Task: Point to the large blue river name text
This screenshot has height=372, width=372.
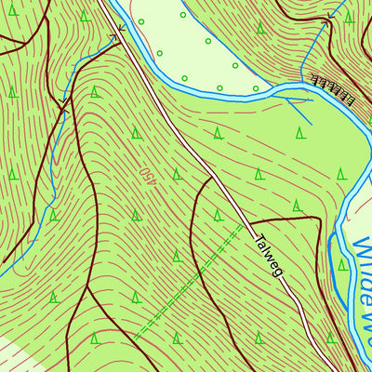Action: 361,288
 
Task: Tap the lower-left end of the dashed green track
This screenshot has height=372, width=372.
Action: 135,336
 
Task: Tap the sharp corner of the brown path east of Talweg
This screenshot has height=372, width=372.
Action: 319,221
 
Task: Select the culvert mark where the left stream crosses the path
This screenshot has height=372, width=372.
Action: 64,100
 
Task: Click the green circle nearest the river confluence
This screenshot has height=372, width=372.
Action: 256,88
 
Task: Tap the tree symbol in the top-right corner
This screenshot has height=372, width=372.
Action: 349,16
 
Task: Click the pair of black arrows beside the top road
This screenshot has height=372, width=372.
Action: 119,31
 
